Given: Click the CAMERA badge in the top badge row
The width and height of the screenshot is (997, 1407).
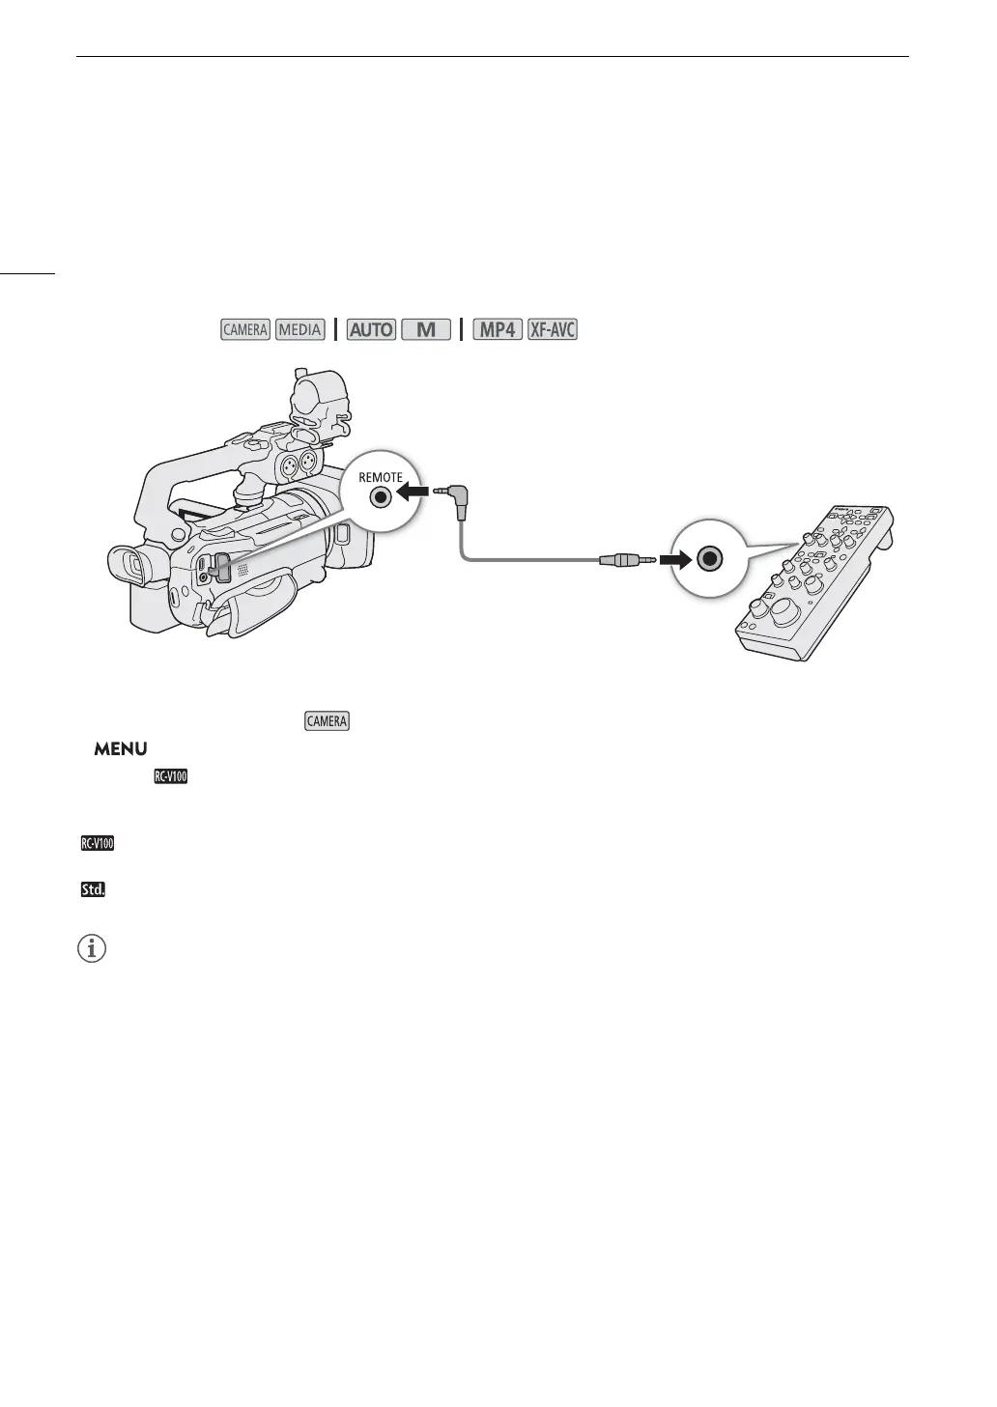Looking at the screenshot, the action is tap(244, 329).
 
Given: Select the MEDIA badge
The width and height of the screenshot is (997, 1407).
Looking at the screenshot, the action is tap(299, 329).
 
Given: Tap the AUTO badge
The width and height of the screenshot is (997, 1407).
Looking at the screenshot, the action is tap(372, 329).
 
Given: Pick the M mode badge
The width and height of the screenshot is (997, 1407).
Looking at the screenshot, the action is tap(426, 329).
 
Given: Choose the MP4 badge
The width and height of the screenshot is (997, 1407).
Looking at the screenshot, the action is tap(497, 329).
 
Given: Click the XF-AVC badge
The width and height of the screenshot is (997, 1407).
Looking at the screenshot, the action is tap(553, 329).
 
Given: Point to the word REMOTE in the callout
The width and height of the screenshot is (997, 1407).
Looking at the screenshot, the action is tap(380, 477).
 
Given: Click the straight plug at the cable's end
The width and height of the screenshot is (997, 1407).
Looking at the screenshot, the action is tap(624, 559).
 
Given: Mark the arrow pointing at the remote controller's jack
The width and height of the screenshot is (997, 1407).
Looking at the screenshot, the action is tap(674, 558).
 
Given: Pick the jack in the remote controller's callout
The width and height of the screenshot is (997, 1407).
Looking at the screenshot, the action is tap(710, 558).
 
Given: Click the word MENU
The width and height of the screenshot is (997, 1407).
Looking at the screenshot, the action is tap(120, 749).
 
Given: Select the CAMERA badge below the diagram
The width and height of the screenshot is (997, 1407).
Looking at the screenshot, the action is tap(327, 721).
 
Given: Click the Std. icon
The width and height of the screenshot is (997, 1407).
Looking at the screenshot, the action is tap(93, 889).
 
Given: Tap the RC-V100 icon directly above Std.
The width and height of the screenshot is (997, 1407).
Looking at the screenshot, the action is tap(97, 843).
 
